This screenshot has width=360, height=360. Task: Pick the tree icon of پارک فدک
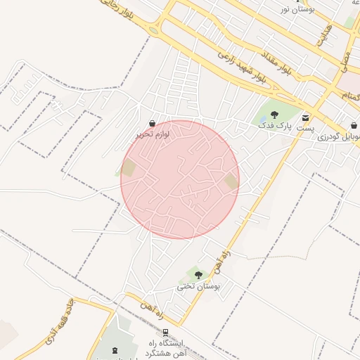point(274,115)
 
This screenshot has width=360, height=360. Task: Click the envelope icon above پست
point(306,117)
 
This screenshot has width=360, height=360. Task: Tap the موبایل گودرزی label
point(338,136)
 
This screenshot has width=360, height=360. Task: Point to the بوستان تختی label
point(199,286)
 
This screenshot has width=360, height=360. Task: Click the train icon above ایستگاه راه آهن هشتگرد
point(165,333)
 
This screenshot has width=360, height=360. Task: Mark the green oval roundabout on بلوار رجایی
point(153,31)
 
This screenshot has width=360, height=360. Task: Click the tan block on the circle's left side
point(128,168)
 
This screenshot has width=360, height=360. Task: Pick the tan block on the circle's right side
point(231,181)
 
